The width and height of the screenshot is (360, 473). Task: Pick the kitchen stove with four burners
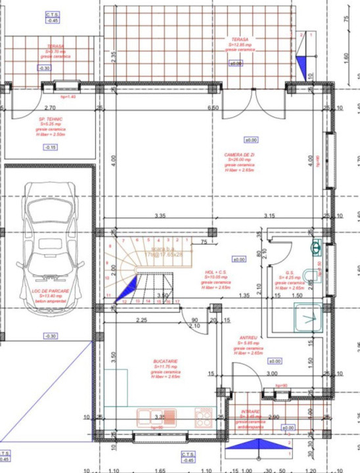[x=202, y=415]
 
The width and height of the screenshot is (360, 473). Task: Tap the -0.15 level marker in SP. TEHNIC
[x=50, y=147]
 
